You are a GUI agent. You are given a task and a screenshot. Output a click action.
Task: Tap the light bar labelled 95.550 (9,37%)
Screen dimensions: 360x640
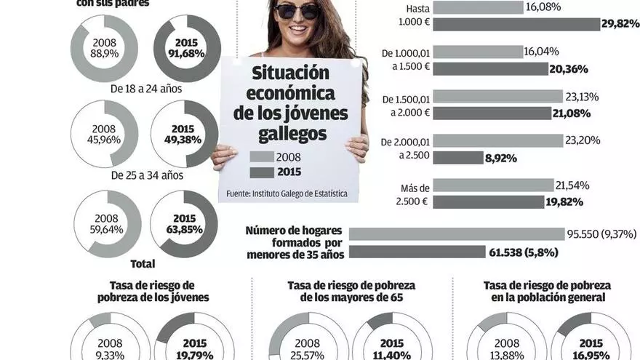[x=457, y=234]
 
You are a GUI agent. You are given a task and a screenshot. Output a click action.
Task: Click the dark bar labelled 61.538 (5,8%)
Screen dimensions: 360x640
[x=417, y=252]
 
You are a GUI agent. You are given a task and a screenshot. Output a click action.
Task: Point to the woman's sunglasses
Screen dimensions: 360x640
[x=297, y=10]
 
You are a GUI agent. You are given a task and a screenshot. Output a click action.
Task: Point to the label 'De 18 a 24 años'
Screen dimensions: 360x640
[x=146, y=89]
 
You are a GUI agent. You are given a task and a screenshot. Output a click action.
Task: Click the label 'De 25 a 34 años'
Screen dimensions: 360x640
[x=146, y=175]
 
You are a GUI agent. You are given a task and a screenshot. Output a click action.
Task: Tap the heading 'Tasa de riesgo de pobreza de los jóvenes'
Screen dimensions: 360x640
[x=153, y=291]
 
